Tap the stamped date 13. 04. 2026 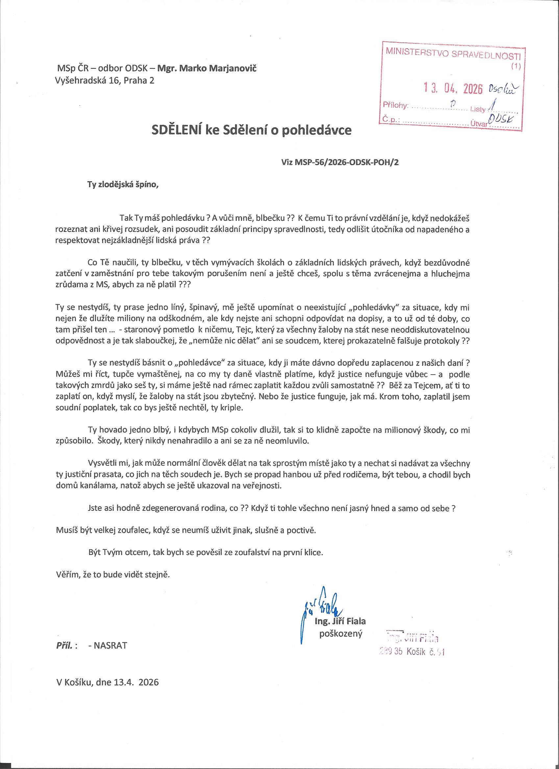point(453,89)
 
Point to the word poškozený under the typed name point(341,633)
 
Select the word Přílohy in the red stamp point(396,105)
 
